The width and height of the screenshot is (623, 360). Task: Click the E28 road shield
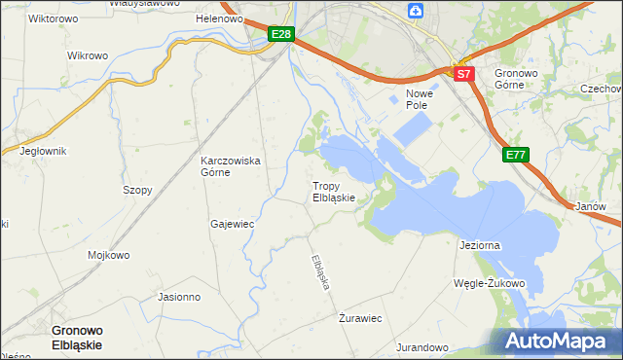click(280, 35)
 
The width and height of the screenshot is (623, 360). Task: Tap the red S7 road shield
click(463, 73)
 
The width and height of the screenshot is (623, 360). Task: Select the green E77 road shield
click(516, 155)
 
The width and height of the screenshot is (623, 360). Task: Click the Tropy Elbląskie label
click(334, 191)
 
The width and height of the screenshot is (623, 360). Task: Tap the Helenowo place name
click(219, 18)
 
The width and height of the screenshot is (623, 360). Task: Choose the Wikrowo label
click(87, 55)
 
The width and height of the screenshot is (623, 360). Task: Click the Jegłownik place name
click(43, 151)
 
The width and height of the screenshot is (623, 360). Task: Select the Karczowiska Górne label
click(230, 166)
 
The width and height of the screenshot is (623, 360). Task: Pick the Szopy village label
click(137, 191)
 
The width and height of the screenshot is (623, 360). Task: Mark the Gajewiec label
click(232, 224)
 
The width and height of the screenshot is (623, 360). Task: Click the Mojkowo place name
click(109, 256)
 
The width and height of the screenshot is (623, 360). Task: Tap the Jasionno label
click(178, 297)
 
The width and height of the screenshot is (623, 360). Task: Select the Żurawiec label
click(359, 318)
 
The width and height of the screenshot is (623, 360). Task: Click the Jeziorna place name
click(479, 245)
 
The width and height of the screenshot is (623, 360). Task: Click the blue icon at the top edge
click(416, 11)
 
